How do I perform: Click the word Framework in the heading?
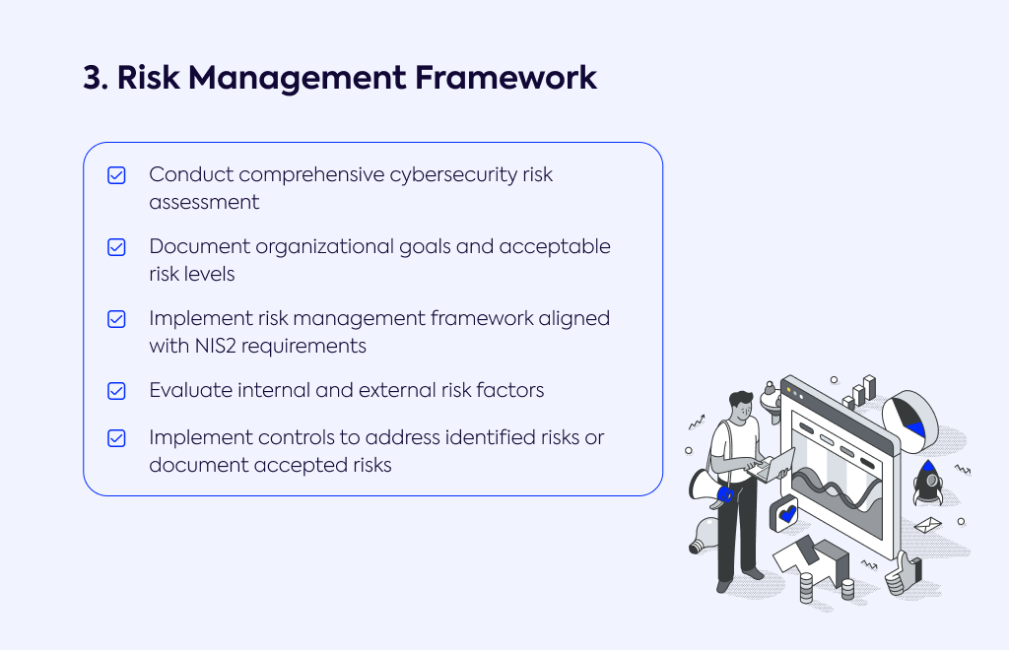(505, 78)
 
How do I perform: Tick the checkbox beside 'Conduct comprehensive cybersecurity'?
(116, 175)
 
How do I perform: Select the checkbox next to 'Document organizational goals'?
(116, 247)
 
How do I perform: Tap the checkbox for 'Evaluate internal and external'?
(116, 391)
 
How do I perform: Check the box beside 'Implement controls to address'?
(116, 438)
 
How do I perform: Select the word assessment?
(204, 203)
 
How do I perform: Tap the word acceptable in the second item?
(555, 247)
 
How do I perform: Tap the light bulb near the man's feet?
(704, 535)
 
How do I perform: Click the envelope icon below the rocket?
(927, 525)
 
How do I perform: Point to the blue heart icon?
(787, 514)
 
